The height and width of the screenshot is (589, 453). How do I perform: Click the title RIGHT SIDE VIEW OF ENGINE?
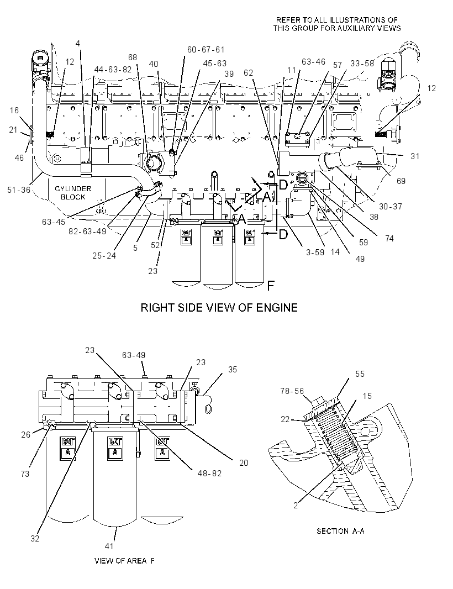[x=219, y=307]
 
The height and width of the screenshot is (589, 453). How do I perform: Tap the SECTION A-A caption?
[x=340, y=531]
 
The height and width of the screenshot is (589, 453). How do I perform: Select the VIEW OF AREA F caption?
[x=124, y=560]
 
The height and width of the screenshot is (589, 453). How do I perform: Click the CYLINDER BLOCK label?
[x=73, y=193]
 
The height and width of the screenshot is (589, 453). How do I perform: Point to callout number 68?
[x=133, y=57]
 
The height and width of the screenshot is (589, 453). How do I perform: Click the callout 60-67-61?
[x=206, y=50]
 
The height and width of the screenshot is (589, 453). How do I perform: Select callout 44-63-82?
[x=113, y=70]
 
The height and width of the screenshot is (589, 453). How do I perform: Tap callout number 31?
[x=415, y=156]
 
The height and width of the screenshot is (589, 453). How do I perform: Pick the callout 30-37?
[x=391, y=206]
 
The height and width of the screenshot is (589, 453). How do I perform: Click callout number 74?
[x=389, y=238]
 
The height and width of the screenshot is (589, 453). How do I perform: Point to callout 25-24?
[x=104, y=255]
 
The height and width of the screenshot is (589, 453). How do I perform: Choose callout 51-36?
[x=19, y=190]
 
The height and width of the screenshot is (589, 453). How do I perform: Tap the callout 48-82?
[x=209, y=474]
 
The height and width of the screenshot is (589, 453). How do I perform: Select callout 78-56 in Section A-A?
[x=292, y=391]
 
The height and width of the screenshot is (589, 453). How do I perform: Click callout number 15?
[x=367, y=396]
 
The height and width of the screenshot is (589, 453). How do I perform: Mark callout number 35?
[x=233, y=370]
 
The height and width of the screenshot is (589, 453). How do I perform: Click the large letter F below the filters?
[x=271, y=286]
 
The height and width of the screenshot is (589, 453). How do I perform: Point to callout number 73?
[x=25, y=474]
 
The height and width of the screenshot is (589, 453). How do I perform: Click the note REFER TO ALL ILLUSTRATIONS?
[x=337, y=19]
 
